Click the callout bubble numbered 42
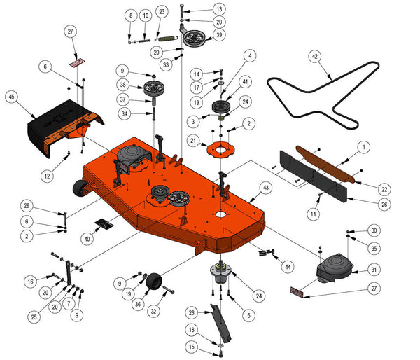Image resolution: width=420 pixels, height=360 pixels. (x=315, y=56)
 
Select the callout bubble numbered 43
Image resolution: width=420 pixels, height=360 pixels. (x=265, y=188)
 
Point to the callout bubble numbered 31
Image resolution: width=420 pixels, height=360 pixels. (x=374, y=270)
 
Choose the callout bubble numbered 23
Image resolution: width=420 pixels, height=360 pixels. (x=162, y=12)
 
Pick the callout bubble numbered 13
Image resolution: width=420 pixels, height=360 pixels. (x=201, y=9)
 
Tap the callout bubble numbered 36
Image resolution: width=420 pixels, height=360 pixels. (x=139, y=305)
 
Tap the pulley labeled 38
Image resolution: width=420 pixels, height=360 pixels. (x=153, y=90)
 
